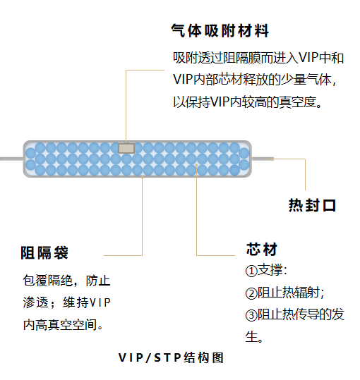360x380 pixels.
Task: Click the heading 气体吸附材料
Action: point(220,31)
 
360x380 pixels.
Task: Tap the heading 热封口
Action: point(312,205)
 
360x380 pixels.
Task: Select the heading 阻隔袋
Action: point(44,253)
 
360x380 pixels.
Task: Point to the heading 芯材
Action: point(261,249)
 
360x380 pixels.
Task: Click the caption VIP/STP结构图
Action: point(171,357)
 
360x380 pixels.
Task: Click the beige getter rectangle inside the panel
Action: point(126,148)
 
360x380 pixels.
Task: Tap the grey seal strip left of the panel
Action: point(11,159)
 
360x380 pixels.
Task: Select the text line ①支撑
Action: point(266,270)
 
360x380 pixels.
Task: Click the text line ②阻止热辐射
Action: point(284,293)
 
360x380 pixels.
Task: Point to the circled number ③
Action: point(251,315)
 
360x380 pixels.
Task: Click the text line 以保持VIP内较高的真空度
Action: point(247,102)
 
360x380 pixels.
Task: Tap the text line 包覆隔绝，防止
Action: point(67,281)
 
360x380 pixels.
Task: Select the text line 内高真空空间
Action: point(63,325)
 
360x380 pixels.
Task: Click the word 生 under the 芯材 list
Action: point(251,336)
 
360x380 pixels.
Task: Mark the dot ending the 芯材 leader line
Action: point(196,165)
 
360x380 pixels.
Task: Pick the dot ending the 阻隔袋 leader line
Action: point(143,178)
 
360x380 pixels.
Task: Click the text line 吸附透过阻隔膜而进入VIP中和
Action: point(258,58)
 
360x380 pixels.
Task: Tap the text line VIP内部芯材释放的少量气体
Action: point(255,80)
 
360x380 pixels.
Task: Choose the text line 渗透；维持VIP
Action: point(67,302)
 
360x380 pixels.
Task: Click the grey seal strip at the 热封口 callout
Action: point(263,159)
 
